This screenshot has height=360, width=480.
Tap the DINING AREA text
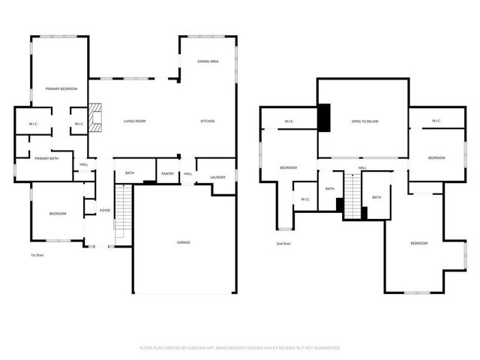(208, 61)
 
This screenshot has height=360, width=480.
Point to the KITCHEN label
(207, 121)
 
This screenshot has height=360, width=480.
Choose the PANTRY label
(167, 173)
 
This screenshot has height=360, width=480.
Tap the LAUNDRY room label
(217, 177)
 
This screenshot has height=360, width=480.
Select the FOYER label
(105, 211)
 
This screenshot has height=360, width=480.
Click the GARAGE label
(183, 242)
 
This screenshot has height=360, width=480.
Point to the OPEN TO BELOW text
(364, 121)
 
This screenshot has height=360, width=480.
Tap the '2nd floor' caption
(283, 244)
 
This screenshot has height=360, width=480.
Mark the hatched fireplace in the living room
(94, 118)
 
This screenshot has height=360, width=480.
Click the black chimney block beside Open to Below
(324, 117)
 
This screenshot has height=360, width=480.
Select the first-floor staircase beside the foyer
(123, 211)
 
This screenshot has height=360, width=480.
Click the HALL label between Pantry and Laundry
(187, 173)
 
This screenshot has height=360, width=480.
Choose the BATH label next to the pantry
(130, 173)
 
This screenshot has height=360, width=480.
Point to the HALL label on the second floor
(362, 168)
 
